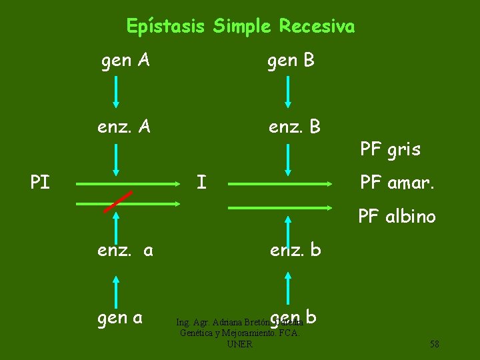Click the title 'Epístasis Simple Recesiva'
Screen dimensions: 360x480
241,27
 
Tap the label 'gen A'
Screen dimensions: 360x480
125,61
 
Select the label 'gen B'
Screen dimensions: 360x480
291,61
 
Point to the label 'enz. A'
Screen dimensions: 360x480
123,125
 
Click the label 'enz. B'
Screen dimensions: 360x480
294,125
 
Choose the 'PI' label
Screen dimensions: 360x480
40,182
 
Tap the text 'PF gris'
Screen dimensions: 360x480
390,149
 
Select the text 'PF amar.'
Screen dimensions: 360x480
397,182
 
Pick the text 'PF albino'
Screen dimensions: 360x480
397,217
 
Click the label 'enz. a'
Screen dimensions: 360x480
125,251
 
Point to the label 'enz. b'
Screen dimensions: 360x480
295,251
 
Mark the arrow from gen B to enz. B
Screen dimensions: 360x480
288,91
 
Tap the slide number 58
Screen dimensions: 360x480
434,344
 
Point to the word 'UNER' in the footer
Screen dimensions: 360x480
239,344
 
